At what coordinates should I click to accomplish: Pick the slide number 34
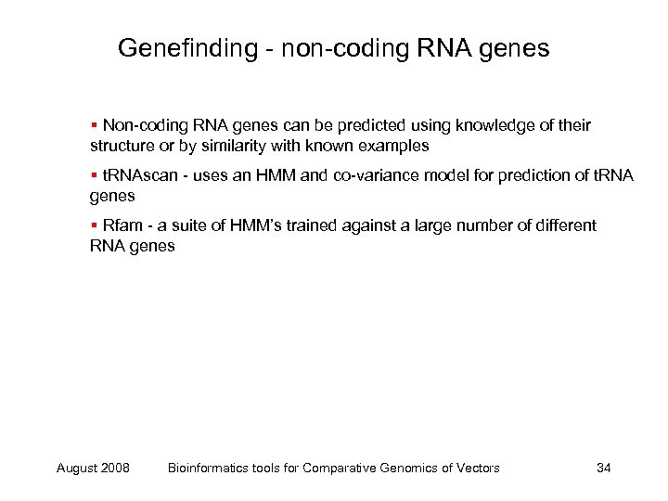[x=603, y=468]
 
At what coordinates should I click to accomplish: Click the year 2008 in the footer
[x=113, y=468]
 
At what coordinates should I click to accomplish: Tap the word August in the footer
[x=75, y=468]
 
